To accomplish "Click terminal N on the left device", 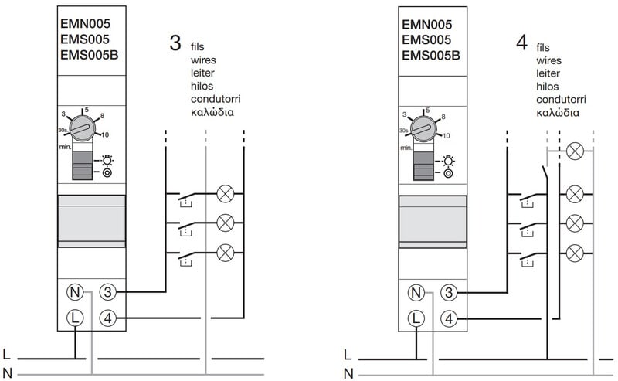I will coord(74,292).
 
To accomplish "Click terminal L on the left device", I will coord(74,317).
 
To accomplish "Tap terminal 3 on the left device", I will coord(108,292).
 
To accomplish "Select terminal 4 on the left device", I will coord(108,317).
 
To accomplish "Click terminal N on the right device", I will coord(416,292).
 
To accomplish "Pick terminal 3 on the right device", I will coord(449,292).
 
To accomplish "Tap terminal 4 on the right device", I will coord(449,317).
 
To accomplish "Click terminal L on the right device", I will coord(416,317).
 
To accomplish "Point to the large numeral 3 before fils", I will coord(175,43).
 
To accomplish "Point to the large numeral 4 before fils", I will coord(521,43).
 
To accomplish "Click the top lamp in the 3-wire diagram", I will coord(226,192).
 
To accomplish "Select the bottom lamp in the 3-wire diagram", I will coord(226,252).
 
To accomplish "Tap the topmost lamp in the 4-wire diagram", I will coord(574,151).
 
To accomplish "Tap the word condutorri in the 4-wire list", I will coord(561,100).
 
